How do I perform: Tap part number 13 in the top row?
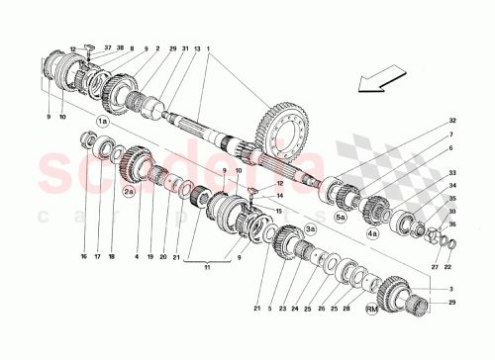[197, 47]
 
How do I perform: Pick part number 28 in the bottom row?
[346, 309]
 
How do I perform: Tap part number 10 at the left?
[60, 118]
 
